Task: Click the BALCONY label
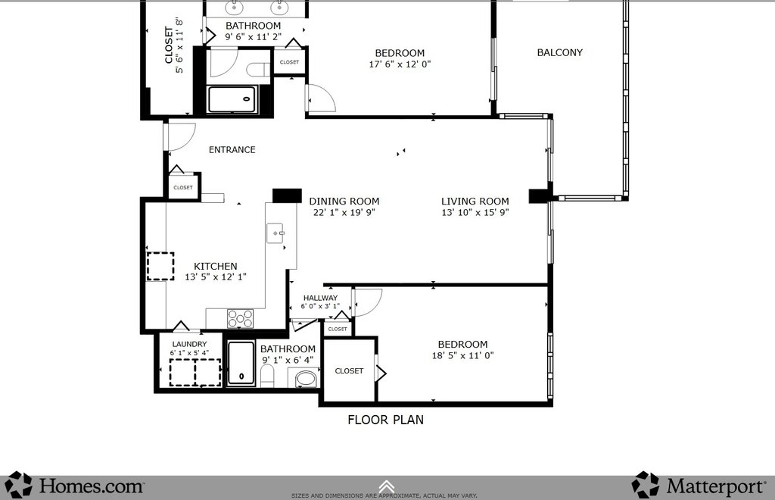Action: [x=559, y=52]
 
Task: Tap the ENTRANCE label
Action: [x=232, y=149]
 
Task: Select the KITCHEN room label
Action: [x=216, y=266]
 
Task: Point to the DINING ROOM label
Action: [x=344, y=201]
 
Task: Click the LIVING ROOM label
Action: [x=475, y=201]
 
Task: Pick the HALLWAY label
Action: [x=320, y=298]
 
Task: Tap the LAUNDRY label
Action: [x=189, y=344]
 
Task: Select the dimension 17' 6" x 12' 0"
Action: [x=400, y=64]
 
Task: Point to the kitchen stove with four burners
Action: [x=240, y=318]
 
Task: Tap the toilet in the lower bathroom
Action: [x=266, y=376]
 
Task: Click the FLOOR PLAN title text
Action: [x=385, y=419]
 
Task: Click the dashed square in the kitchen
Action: [x=160, y=267]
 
